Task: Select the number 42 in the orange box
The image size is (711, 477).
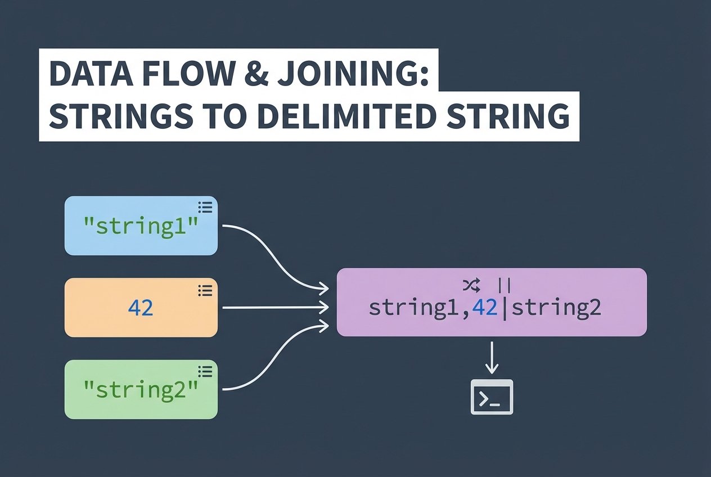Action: pyautogui.click(x=141, y=308)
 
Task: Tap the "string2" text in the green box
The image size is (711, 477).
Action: pyautogui.click(x=141, y=389)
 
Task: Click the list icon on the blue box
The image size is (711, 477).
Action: pyautogui.click(x=205, y=208)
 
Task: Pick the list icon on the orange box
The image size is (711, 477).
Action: pyautogui.click(x=205, y=290)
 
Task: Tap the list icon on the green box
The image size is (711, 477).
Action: pyautogui.click(x=205, y=371)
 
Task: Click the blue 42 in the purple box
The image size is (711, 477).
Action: pyautogui.click(x=485, y=308)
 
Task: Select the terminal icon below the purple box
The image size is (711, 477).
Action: pyautogui.click(x=492, y=397)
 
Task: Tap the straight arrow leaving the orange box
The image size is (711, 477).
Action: pyautogui.click(x=276, y=308)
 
